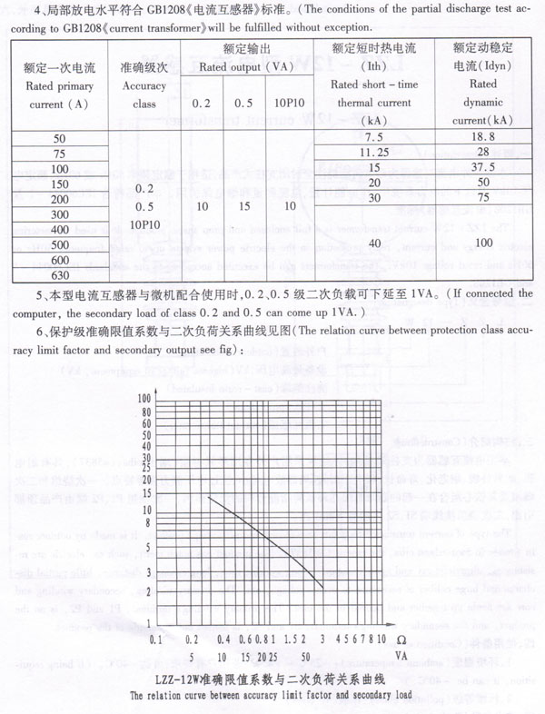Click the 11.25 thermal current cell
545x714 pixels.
[375, 152]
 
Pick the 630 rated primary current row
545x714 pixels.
[61, 274]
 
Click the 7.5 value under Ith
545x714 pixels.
[375, 136]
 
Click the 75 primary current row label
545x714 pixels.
[61, 153]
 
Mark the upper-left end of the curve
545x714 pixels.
[210, 496]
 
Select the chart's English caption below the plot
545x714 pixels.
[272, 696]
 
